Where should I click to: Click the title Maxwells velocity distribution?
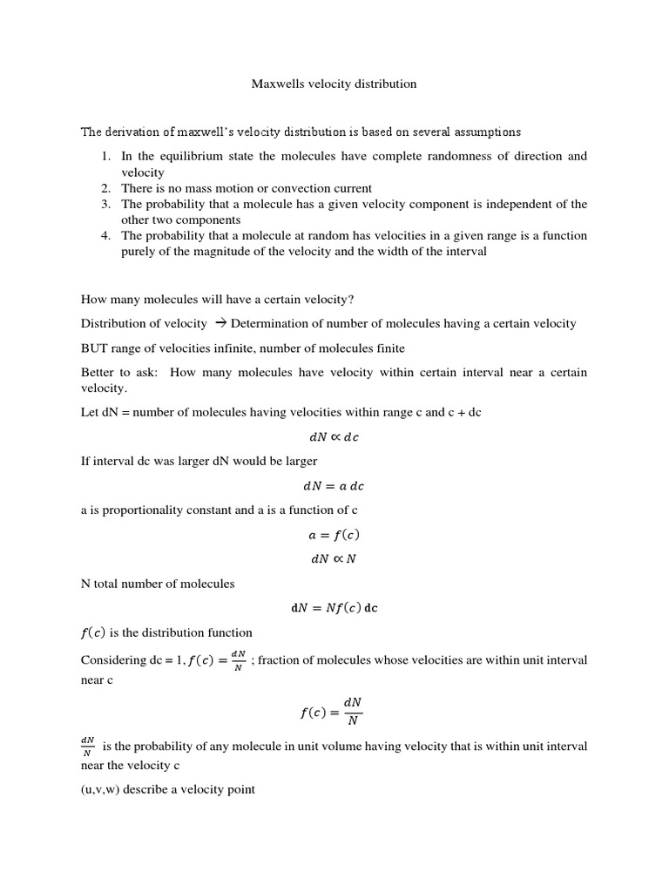click(x=334, y=84)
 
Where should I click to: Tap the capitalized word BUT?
click(x=94, y=348)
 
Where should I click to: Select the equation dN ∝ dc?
click(x=334, y=437)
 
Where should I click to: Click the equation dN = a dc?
click(x=334, y=486)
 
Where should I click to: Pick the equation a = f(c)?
click(x=334, y=536)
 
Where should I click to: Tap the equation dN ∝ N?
click(x=334, y=559)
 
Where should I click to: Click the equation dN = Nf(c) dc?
click(x=334, y=609)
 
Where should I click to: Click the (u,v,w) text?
click(x=101, y=790)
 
